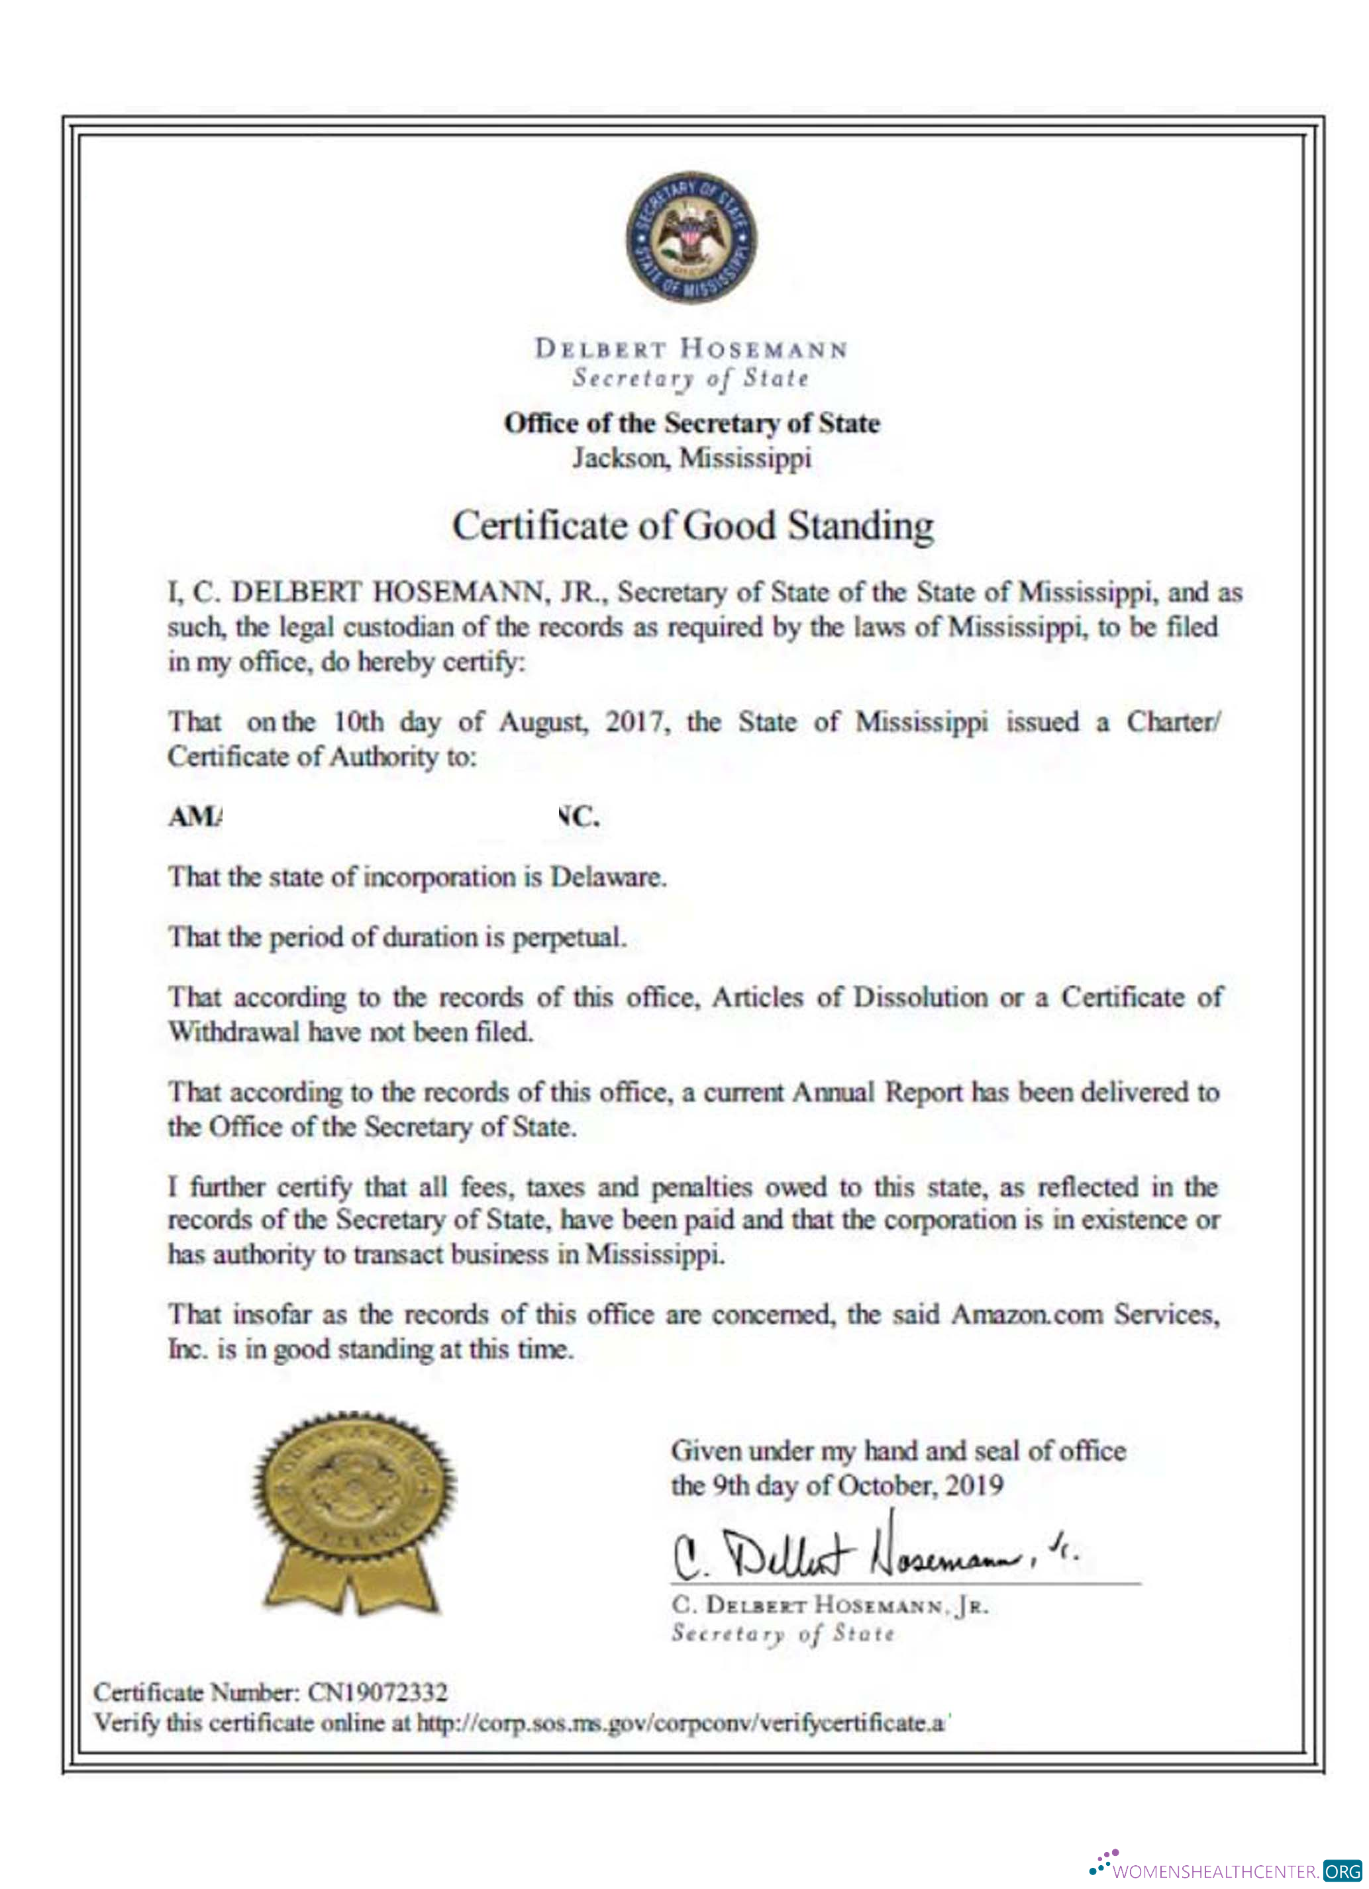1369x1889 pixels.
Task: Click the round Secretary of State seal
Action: pos(691,238)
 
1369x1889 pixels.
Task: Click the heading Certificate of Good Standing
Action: pos(691,526)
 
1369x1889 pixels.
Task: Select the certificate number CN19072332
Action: pos(378,1692)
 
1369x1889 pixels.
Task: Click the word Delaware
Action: pos(607,878)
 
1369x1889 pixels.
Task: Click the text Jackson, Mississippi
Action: pos(691,458)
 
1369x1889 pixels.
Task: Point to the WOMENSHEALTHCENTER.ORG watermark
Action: pos(1225,1870)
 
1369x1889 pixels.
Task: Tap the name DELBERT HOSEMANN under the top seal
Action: pos(691,348)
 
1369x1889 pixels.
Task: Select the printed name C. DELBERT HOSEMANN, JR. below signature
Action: pos(830,1605)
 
